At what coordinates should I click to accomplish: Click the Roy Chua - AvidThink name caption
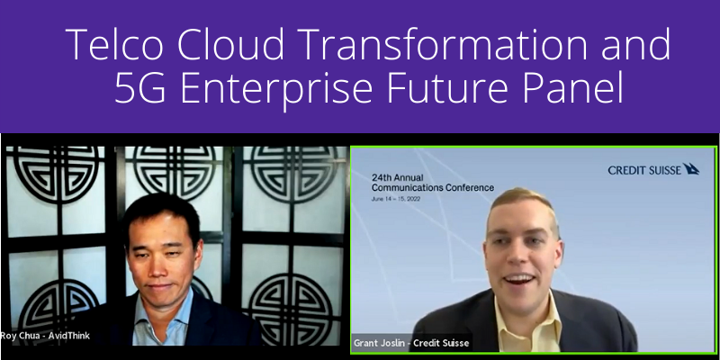[x=45, y=336]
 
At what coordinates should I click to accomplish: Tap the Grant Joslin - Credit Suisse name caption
[x=411, y=343]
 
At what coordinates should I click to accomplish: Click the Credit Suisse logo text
[x=643, y=169]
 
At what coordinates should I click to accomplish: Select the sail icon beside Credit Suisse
[x=691, y=168]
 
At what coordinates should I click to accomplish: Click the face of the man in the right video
[x=523, y=251]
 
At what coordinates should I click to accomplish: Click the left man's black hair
[x=162, y=209]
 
